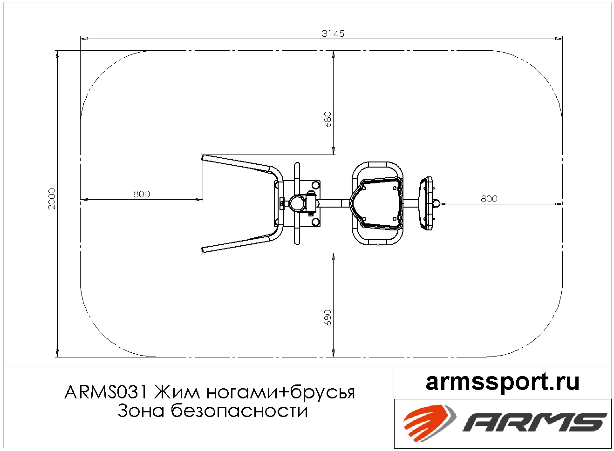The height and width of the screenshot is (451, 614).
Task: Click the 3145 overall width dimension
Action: point(333,34)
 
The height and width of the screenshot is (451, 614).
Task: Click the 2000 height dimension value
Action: point(52,199)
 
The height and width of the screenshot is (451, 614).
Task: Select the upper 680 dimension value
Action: point(327,119)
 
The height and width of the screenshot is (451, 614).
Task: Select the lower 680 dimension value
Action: point(327,317)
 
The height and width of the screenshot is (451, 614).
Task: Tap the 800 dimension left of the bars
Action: point(142,194)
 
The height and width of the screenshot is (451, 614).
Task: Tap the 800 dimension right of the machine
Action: point(489,199)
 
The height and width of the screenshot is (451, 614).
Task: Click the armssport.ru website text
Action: point(503,383)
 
